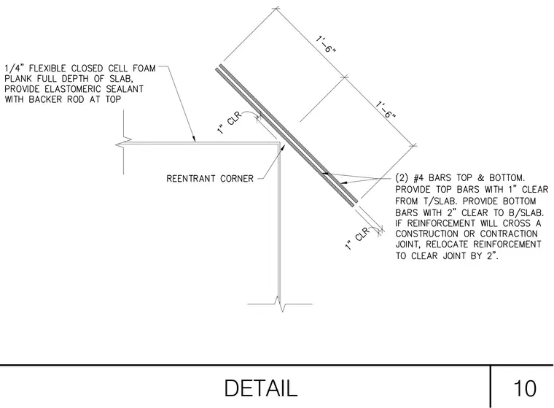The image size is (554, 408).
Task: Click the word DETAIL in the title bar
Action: (261, 388)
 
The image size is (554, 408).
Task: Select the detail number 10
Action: (525, 388)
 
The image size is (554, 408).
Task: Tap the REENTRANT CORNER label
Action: (210, 179)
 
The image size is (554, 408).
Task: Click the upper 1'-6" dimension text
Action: (325, 45)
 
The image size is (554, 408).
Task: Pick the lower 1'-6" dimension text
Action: (386, 110)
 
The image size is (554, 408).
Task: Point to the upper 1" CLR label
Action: (230, 123)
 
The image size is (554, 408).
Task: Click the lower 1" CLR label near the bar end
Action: (357, 239)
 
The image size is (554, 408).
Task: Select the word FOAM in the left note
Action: (144, 69)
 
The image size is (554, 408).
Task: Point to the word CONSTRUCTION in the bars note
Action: (429, 234)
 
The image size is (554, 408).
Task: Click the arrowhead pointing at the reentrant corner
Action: (282, 147)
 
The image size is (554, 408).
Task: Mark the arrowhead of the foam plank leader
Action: (193, 139)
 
